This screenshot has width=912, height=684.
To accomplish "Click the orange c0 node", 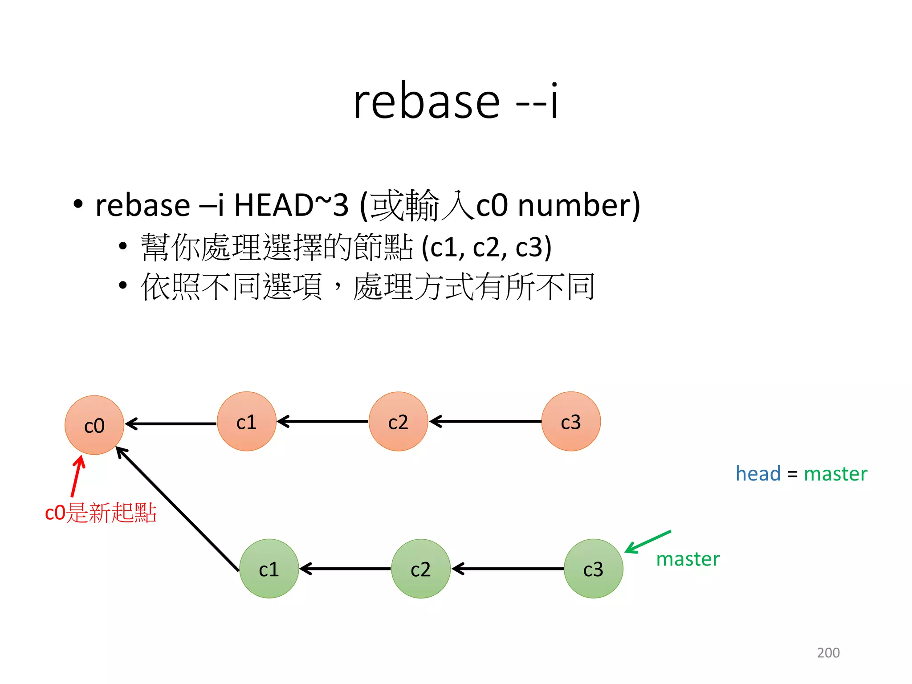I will click(94, 425).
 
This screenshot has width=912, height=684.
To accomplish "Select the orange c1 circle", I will click(246, 421).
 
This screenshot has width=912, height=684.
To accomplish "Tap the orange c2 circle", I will click(398, 421).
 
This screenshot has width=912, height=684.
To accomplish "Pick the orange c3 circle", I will click(571, 421).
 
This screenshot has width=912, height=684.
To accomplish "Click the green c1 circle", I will click(269, 569).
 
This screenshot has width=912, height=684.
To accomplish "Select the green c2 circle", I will click(421, 569).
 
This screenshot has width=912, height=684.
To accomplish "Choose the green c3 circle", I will click(593, 569).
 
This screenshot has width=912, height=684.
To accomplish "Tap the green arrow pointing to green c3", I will click(648, 541).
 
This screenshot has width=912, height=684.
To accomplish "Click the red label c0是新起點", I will click(101, 513).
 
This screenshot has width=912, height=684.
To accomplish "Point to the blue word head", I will click(758, 473).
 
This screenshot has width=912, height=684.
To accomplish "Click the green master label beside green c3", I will click(688, 559).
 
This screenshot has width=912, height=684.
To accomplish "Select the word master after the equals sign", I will click(835, 473).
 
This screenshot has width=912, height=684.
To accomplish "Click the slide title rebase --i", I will click(456, 102).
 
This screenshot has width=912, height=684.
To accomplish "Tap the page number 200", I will click(828, 653).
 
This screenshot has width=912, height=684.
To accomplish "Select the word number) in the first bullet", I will click(579, 205).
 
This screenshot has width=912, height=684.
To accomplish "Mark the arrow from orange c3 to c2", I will click(485, 421).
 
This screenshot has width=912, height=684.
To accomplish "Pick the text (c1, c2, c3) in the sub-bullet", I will click(487, 247).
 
